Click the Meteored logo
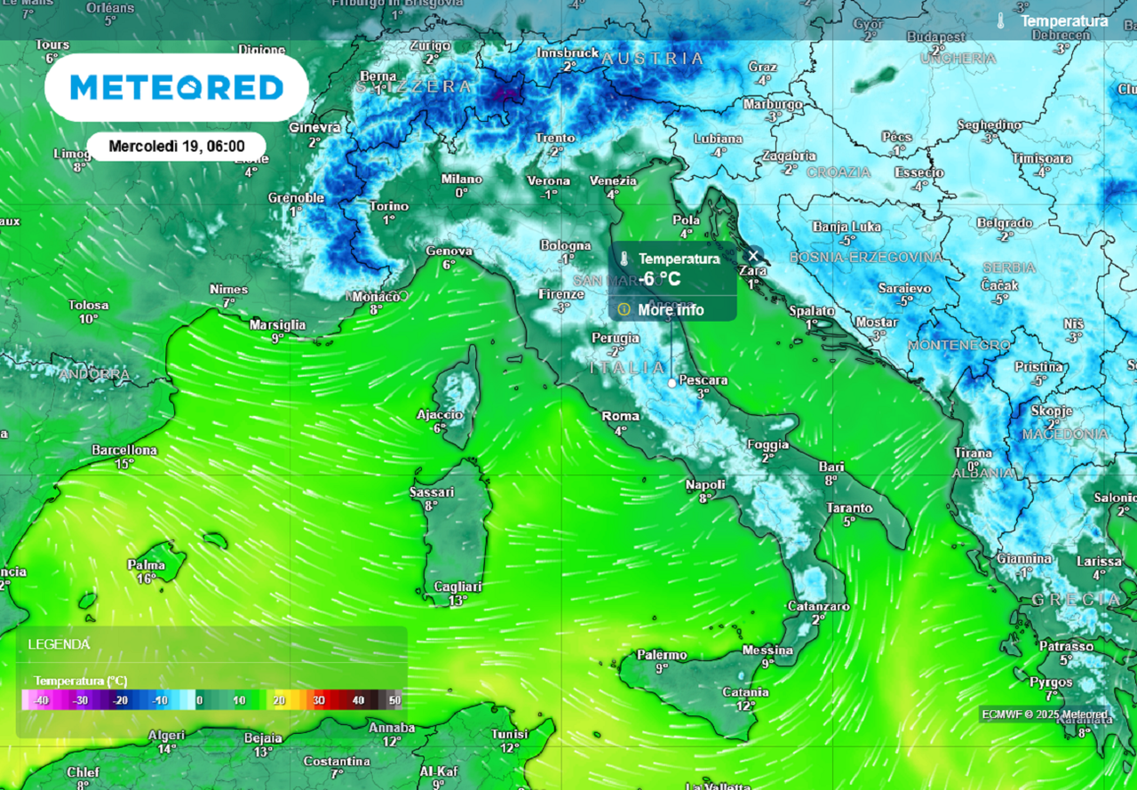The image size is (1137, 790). point(176,87)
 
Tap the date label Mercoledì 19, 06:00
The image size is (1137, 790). point(177,146)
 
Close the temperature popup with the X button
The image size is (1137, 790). point(753,256)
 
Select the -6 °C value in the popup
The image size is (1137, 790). point(661,279)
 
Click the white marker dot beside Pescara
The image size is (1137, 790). point(672,382)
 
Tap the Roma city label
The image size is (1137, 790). point(620,416)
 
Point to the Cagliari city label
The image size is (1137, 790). point(457,587)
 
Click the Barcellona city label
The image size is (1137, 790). point(124,451)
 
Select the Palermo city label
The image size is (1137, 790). point(662,655)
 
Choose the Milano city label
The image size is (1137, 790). point(462,180)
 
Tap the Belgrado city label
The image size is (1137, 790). point(1005,223)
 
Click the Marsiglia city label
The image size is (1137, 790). point(277,325)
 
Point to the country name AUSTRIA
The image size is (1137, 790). point(653,59)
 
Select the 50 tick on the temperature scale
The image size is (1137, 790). point(395,700)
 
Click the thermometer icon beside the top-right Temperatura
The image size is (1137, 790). point(1000,21)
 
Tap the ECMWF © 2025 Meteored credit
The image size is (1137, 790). point(1045,714)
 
